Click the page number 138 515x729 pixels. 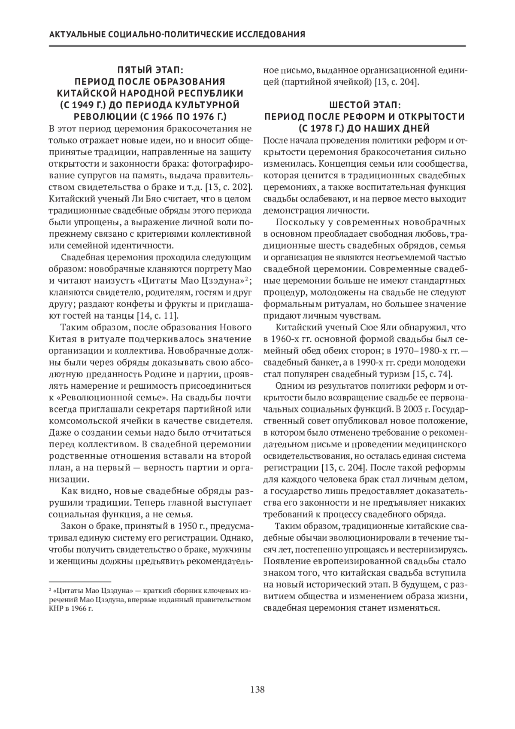pos(257,689)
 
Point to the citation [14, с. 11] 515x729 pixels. pos(157,316)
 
